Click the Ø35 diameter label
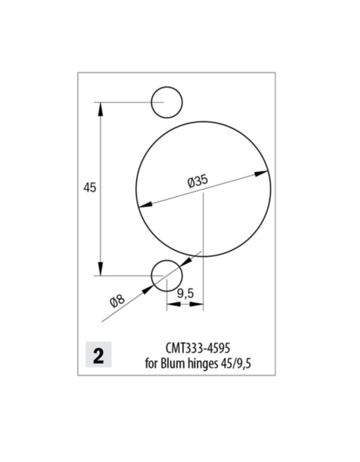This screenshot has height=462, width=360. click(x=198, y=180)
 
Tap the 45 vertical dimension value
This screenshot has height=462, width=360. click(x=89, y=188)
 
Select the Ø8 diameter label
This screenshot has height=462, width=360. click(x=117, y=301)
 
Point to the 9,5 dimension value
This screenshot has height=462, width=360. click(x=185, y=294)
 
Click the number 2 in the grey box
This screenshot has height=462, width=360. click(x=98, y=356)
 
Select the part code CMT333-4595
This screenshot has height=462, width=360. click(x=198, y=348)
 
